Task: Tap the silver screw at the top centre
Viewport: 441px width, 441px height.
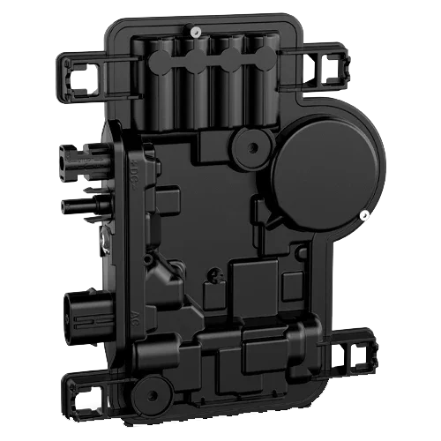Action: pyautogui.click(x=194, y=33)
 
